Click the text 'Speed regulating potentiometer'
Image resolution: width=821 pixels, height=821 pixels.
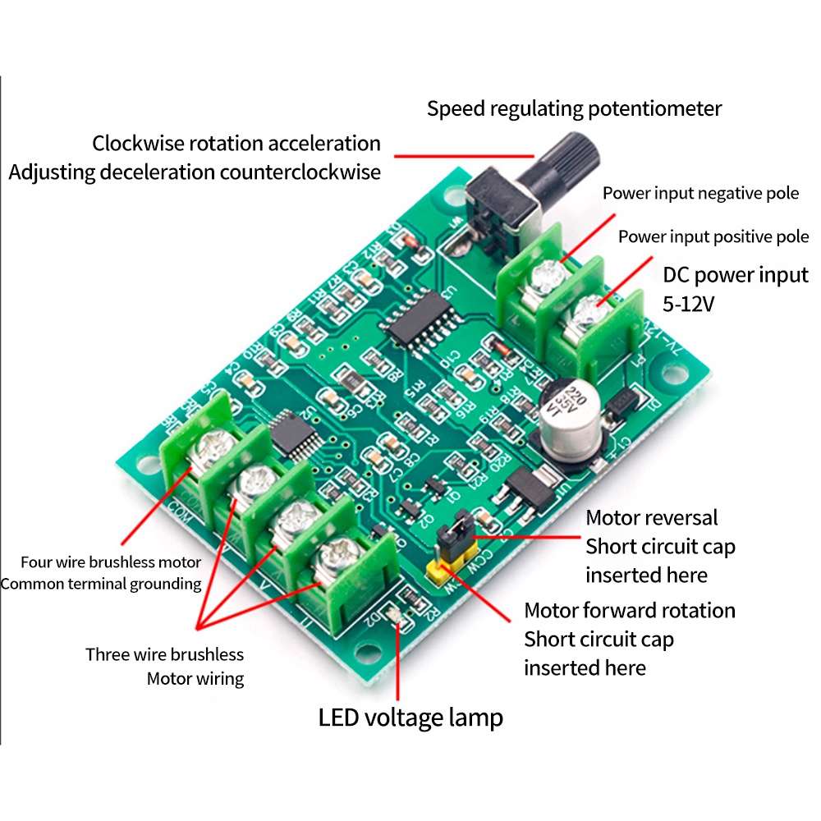(574, 108)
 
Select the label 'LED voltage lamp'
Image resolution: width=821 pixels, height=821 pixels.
(410, 718)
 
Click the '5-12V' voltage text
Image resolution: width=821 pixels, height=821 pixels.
(689, 303)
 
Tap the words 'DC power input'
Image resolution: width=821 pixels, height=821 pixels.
(735, 274)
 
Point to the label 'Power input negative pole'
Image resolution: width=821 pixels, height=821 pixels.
(700, 194)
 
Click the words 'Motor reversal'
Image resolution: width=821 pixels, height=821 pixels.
(651, 518)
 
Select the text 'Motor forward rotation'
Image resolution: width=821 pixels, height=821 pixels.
(629, 611)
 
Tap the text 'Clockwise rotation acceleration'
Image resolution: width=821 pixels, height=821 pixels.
(236, 144)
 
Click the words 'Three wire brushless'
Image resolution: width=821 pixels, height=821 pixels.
(165, 654)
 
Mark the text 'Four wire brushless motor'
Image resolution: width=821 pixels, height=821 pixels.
(111, 562)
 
